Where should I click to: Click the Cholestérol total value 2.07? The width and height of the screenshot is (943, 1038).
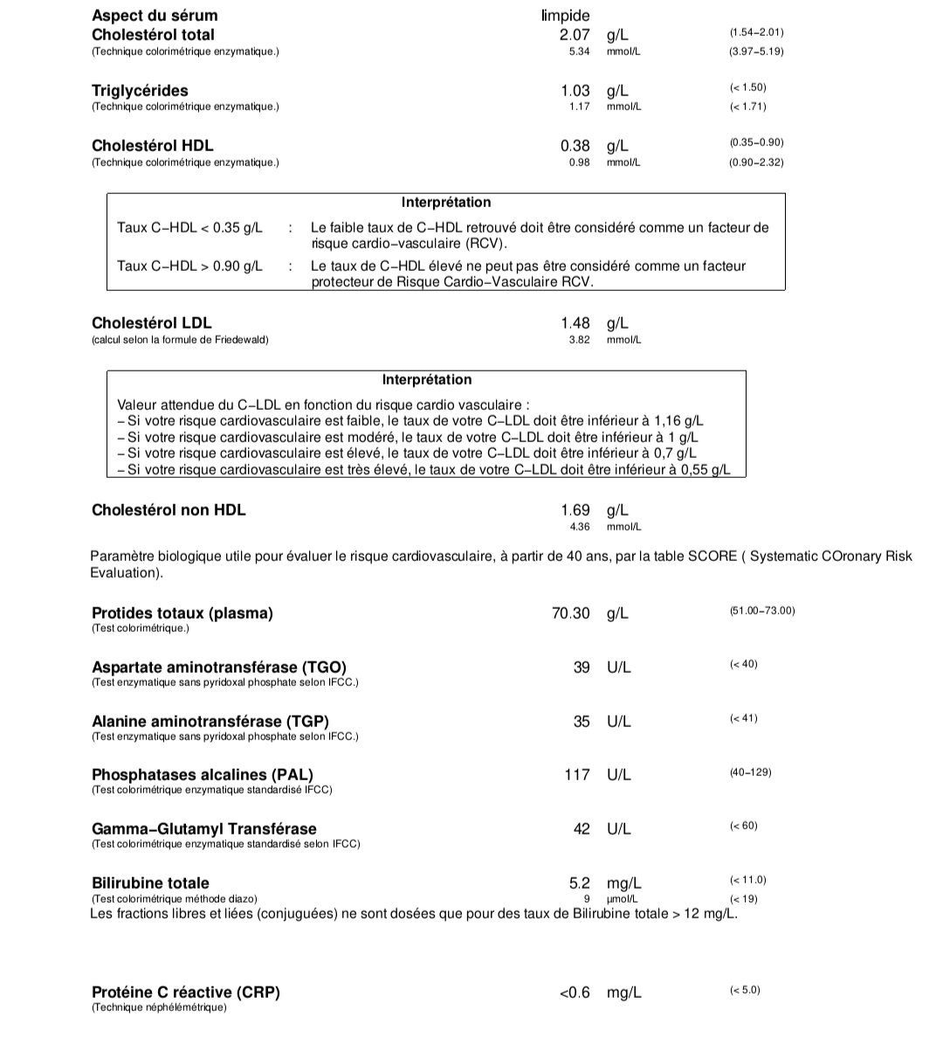575,35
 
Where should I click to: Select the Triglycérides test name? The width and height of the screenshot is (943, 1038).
140,91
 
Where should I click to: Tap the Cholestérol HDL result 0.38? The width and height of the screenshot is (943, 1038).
575,146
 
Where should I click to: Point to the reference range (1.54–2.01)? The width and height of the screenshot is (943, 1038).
756,32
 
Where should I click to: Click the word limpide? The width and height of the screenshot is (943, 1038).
565,16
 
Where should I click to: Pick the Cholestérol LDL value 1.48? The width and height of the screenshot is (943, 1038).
575,323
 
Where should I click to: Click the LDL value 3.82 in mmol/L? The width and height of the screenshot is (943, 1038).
579,340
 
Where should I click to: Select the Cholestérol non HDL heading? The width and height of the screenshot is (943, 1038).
169,510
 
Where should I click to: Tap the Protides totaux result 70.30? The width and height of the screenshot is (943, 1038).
570,613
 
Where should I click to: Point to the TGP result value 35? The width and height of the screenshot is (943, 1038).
582,722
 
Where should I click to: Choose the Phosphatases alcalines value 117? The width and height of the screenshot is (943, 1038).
576,775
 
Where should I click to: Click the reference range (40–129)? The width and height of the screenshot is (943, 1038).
750,772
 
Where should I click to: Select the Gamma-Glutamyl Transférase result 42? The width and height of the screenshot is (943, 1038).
582,829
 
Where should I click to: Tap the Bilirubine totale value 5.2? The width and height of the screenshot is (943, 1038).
579,883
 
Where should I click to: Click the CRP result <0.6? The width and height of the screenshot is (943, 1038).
575,993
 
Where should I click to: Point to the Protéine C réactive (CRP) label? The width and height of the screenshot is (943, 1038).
186,993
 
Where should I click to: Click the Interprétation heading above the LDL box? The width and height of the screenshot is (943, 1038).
427,380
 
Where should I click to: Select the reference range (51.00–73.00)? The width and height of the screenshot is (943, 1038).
762,611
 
